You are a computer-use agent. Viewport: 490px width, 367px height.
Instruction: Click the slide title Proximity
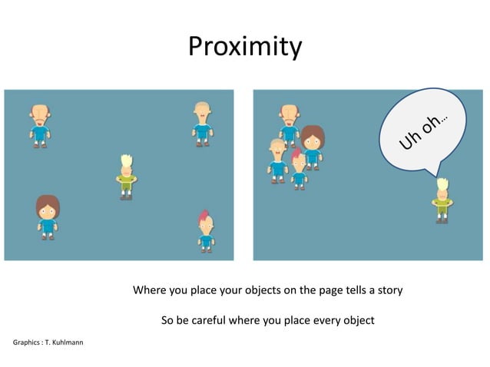(x=245, y=47)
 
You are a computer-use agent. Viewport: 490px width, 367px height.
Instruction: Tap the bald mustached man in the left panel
(x=40, y=125)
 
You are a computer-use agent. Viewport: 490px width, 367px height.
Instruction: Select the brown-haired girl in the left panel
(x=48, y=217)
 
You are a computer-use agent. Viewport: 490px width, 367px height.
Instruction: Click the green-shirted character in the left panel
(x=127, y=177)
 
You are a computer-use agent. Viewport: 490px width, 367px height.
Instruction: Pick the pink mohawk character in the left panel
(x=205, y=231)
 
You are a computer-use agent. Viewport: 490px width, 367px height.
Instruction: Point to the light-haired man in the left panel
(x=202, y=123)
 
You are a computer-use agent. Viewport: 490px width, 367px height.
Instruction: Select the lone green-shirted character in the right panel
(x=442, y=200)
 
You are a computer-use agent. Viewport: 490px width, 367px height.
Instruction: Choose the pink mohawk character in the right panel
(x=298, y=169)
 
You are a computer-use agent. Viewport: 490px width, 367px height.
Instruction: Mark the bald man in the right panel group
(x=289, y=123)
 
